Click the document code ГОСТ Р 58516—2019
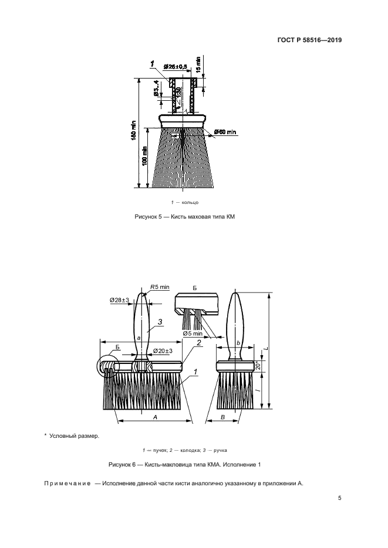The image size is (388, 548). pyautogui.click(x=310, y=40)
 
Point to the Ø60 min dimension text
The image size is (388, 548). pyautogui.click(x=225, y=131)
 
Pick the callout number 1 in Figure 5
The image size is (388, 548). pyautogui.click(x=152, y=63)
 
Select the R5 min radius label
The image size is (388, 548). pyautogui.click(x=160, y=287)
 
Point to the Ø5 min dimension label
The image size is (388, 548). pyautogui.click(x=193, y=333)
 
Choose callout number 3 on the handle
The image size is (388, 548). pyautogui.click(x=159, y=322)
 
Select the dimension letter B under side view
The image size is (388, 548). pyautogui.click(x=224, y=416)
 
